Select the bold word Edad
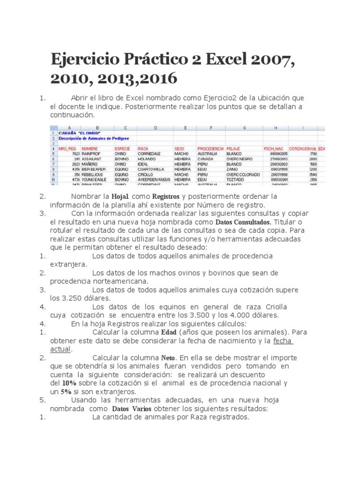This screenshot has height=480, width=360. pyautogui.click(x=169, y=332)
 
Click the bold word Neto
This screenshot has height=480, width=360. pyautogui.click(x=168, y=358)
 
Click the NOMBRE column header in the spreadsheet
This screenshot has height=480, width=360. pyautogui.click(x=90, y=149)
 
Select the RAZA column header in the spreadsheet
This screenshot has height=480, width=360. pyautogui.click(x=142, y=149)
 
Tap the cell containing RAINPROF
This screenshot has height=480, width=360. pyautogui.click(x=91, y=153)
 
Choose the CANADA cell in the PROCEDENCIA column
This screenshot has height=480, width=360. pyautogui.click(x=205, y=158)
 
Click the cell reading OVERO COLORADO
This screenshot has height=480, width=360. pyautogui.click(x=243, y=174)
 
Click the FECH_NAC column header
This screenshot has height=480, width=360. pyautogui.click(x=273, y=149)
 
